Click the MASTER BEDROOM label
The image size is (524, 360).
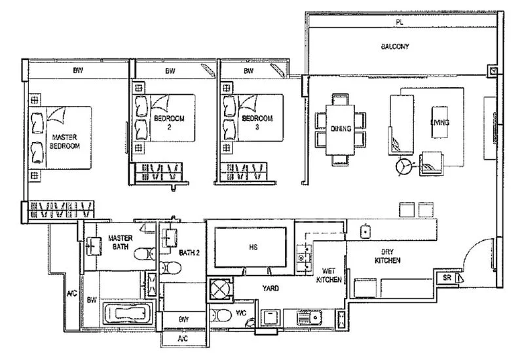65,142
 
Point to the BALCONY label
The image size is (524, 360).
395,47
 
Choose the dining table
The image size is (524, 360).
340,129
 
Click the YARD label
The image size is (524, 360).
271,287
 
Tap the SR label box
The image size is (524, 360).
448,278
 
